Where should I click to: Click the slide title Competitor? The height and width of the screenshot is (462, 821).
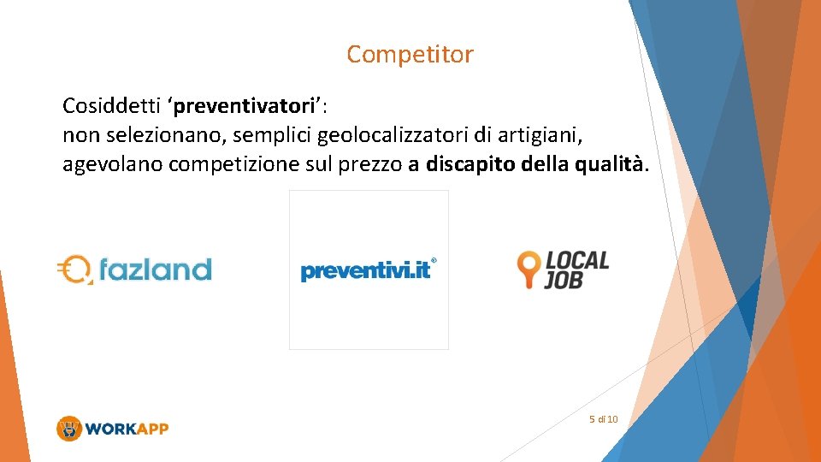[x=410, y=55]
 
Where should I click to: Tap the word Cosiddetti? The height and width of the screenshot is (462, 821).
[x=112, y=106]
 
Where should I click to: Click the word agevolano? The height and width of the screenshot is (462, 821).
[x=112, y=163]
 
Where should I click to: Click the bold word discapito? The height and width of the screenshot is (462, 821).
[x=469, y=163]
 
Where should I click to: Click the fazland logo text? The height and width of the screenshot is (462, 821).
[x=155, y=270]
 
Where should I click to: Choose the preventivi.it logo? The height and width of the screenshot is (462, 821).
[x=365, y=271]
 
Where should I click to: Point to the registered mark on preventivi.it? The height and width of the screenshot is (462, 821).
[x=434, y=260]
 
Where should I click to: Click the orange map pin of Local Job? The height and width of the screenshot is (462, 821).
[x=529, y=268]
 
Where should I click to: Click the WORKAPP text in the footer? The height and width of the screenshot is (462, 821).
[x=127, y=429]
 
